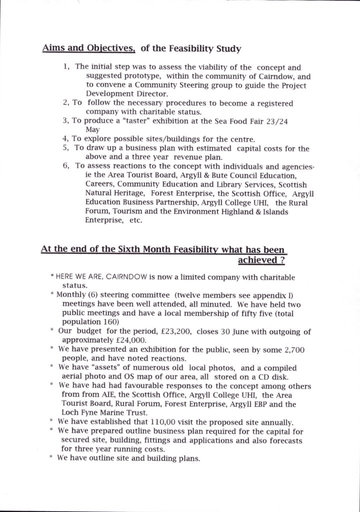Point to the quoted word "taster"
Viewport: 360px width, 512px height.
(141, 121)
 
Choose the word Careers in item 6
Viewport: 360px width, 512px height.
(102, 184)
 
